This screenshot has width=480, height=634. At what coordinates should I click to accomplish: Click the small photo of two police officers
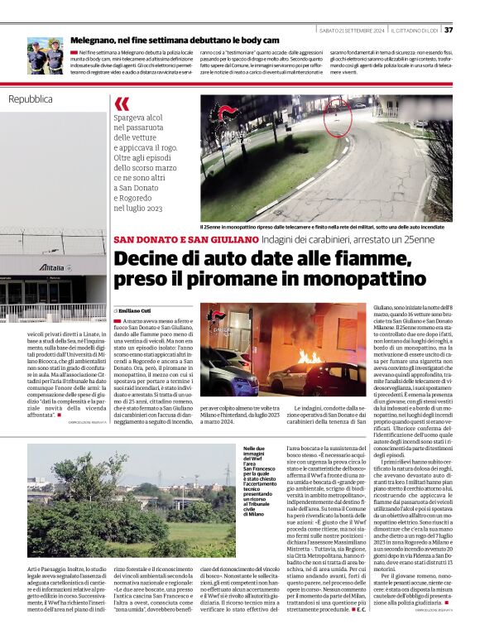tap(45, 55)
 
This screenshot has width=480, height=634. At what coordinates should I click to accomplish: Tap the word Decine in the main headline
tap(146, 258)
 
